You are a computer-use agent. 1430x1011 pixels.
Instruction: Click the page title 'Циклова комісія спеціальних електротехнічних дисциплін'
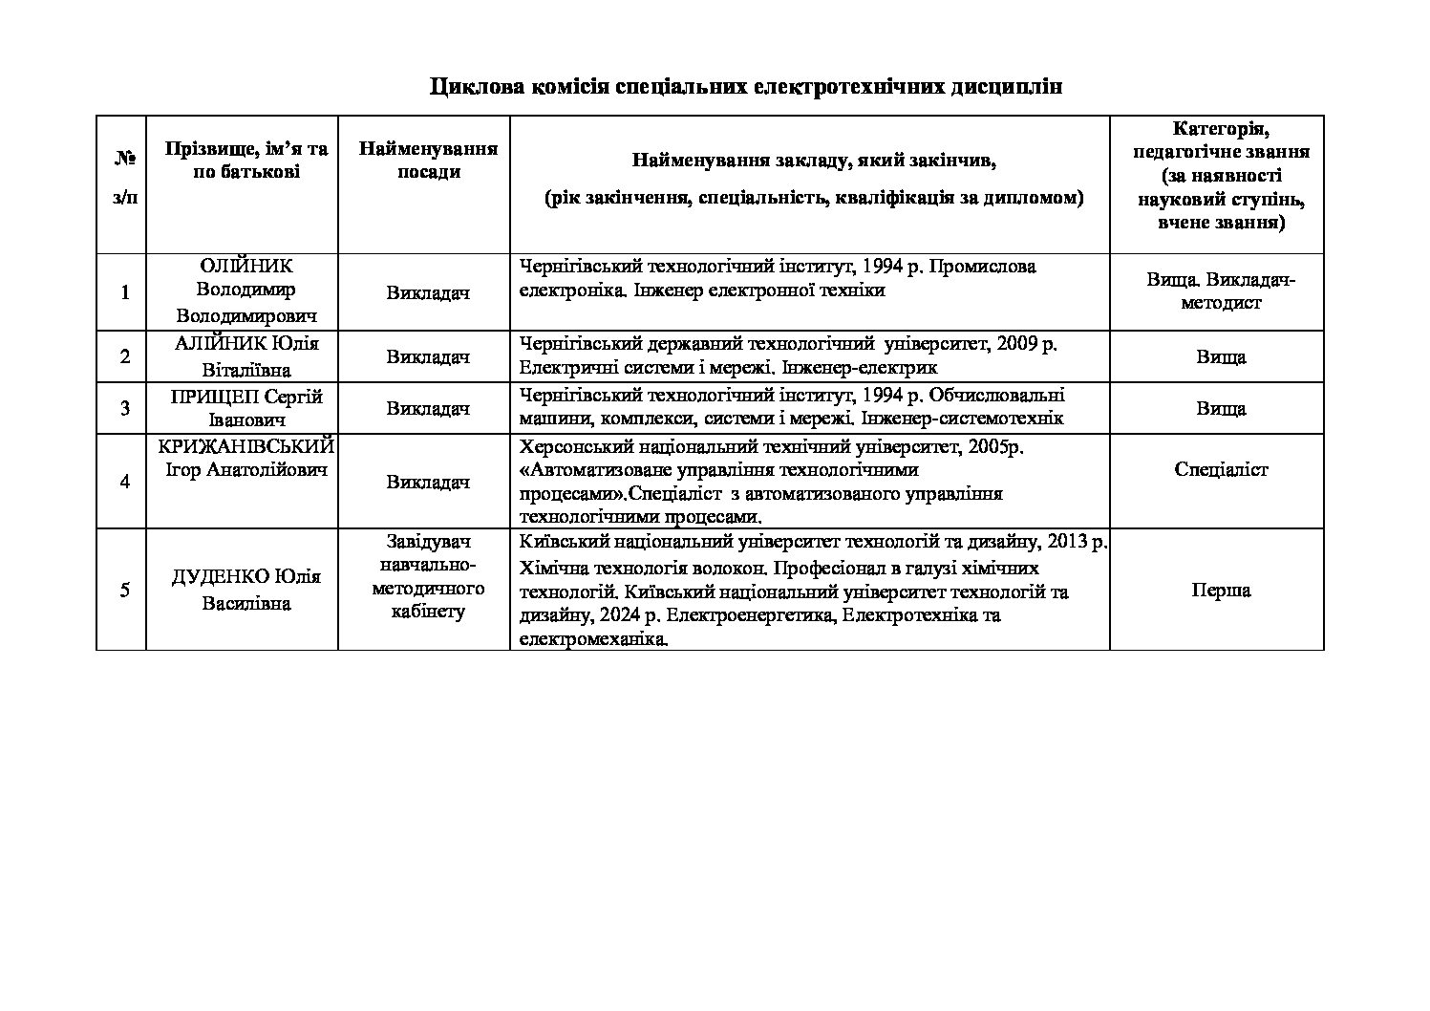click(x=745, y=87)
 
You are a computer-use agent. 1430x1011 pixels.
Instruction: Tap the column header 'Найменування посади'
click(x=428, y=161)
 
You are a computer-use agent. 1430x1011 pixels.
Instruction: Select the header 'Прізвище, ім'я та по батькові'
click(x=245, y=161)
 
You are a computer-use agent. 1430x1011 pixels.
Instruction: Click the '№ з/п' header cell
click(x=124, y=179)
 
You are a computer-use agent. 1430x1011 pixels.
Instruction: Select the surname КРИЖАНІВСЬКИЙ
click(x=245, y=446)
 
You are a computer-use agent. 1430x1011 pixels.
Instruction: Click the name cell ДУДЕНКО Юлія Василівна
click(x=245, y=590)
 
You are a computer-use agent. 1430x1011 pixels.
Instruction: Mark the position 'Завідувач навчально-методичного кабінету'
click(x=428, y=577)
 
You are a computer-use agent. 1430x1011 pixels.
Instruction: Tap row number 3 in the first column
click(x=125, y=409)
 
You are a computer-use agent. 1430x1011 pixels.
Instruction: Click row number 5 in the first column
click(x=125, y=590)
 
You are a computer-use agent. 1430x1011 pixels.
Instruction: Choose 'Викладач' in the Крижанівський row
click(x=428, y=483)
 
